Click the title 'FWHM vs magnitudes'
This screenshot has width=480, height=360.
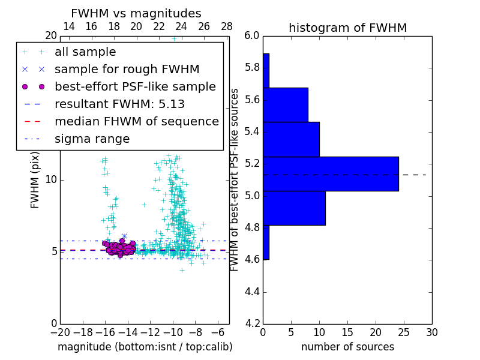coord(136,13)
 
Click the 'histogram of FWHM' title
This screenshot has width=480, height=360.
coord(347,28)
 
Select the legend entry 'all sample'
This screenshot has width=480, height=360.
coord(85,52)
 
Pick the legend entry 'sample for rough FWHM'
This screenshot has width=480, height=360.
coord(127,70)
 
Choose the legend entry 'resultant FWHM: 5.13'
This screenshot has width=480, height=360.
coord(119,104)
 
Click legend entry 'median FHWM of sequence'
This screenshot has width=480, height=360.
coord(136,122)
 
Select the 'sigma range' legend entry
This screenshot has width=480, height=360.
coord(92,139)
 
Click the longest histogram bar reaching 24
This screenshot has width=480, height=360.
coord(331,174)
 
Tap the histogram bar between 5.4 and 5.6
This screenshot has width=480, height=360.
coord(291,139)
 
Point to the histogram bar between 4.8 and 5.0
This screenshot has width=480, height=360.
coord(294,208)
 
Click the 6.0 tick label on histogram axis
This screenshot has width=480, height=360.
coord(252,36)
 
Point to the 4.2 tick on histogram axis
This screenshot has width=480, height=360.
coord(252,323)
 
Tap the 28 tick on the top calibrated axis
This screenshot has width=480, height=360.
coord(227,26)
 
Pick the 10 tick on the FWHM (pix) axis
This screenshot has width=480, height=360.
coord(51,180)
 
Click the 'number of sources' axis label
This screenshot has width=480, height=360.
coord(347,347)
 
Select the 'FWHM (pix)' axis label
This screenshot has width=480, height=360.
coord(35,180)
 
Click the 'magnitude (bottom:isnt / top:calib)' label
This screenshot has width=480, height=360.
coord(145,347)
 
